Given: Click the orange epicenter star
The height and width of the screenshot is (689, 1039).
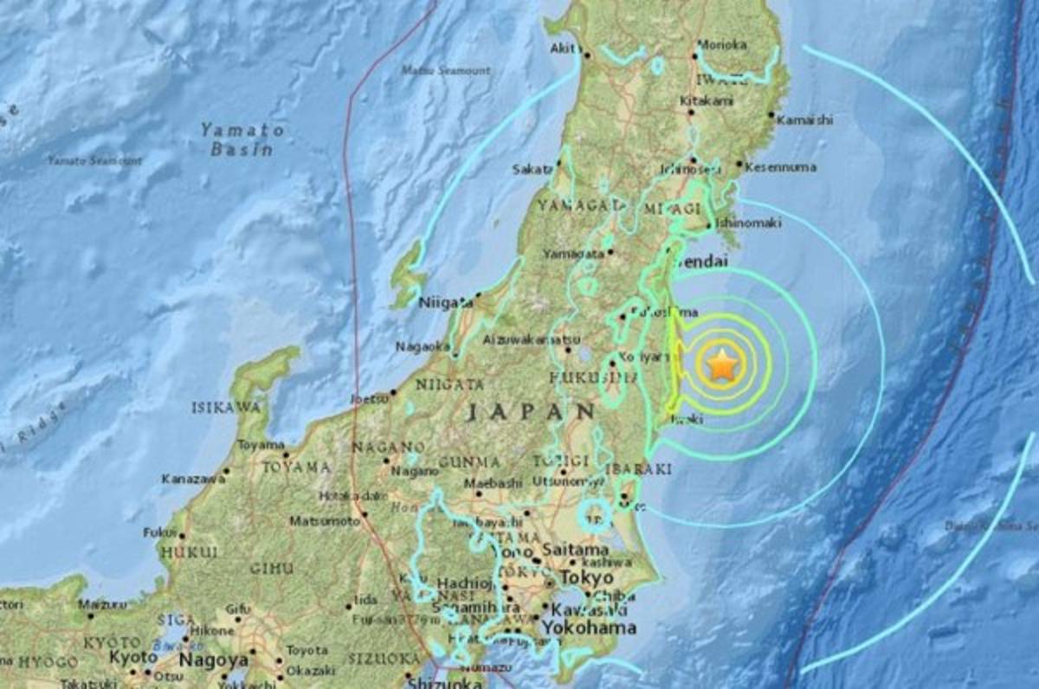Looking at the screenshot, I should click(721, 367).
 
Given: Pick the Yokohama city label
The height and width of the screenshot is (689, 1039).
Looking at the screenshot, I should click(589, 628).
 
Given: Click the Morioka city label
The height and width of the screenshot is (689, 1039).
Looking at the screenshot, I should click(724, 44).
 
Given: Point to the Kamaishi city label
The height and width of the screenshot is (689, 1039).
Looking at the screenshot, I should click(804, 119).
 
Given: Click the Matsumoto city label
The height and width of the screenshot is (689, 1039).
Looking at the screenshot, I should click(324, 521).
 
